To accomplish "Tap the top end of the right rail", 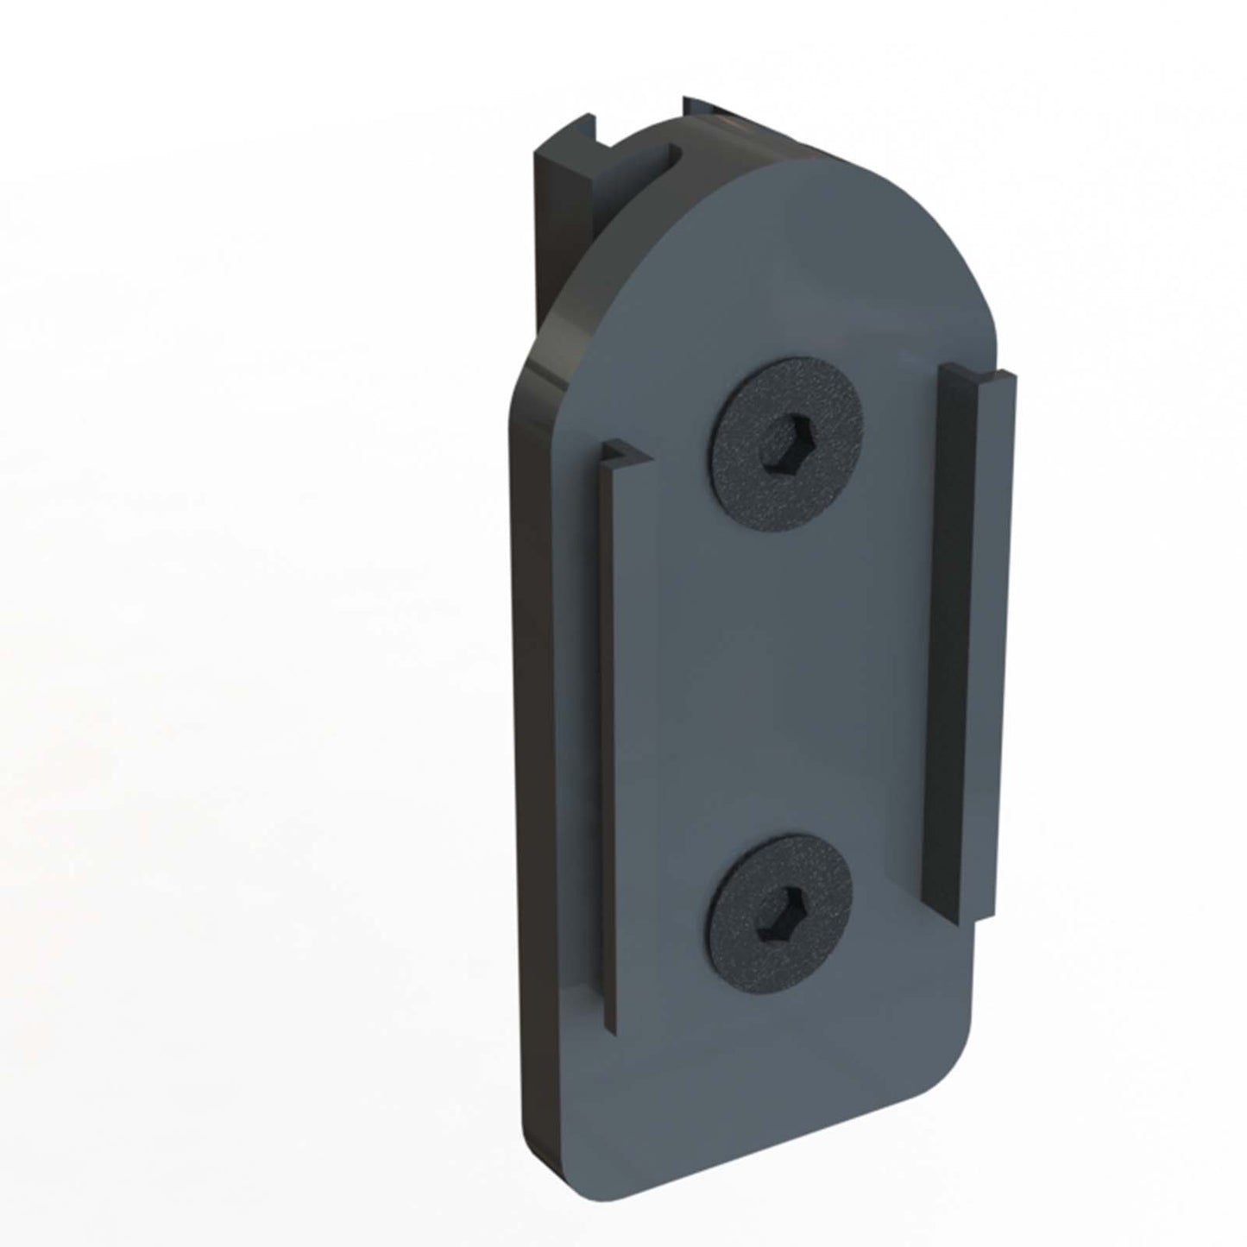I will click(975, 374).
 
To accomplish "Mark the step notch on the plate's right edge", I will click(984, 922).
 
